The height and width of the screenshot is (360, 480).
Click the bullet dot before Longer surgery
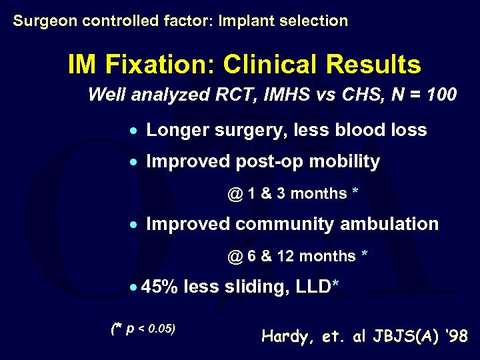[x=134, y=131]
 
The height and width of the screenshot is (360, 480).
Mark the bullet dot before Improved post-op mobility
[x=134, y=163]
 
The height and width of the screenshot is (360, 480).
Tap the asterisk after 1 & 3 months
[x=355, y=192]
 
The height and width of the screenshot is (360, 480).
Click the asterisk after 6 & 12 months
[x=364, y=255]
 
